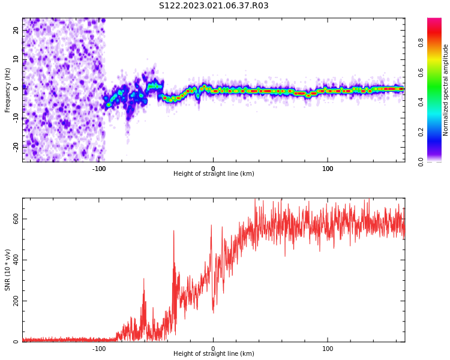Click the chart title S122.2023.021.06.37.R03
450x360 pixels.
click(x=214, y=6)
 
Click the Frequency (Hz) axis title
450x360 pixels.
click(x=8, y=90)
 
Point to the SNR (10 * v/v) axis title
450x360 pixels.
click(x=8, y=270)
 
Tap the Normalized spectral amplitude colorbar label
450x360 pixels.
click(x=446, y=90)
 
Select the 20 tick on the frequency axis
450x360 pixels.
click(x=16, y=30)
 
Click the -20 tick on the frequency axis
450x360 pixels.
click(x=15, y=146)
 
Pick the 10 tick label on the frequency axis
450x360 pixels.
click(x=16, y=59)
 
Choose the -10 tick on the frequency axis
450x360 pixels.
click(x=15, y=118)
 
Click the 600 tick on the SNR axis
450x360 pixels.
click(x=16, y=219)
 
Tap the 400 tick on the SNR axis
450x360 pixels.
click(x=16, y=260)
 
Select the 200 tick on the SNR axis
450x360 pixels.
click(x=16, y=301)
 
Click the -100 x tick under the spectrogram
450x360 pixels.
click(x=99, y=168)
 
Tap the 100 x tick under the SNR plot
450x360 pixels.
click(x=328, y=348)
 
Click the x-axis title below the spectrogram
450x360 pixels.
click(x=214, y=174)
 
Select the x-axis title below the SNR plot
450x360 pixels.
click(x=214, y=354)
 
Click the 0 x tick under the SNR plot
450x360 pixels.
click(x=213, y=348)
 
